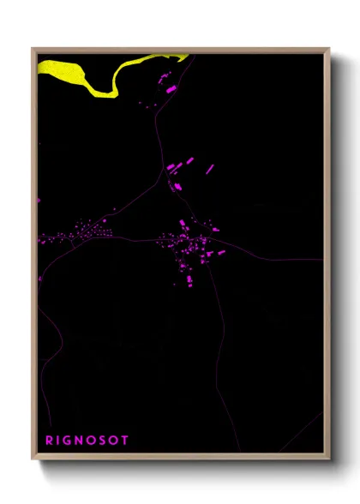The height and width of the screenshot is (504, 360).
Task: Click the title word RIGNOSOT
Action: (87, 440)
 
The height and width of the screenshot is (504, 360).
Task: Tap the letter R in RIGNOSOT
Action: (50, 440)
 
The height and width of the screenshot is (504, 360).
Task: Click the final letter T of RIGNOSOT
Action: (125, 440)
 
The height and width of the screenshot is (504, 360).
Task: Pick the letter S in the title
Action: (103, 440)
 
